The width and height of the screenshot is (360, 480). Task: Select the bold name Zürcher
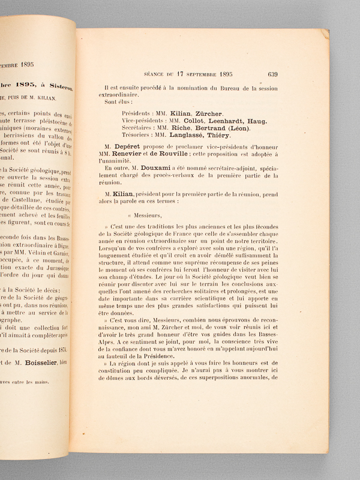tap(209, 113)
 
